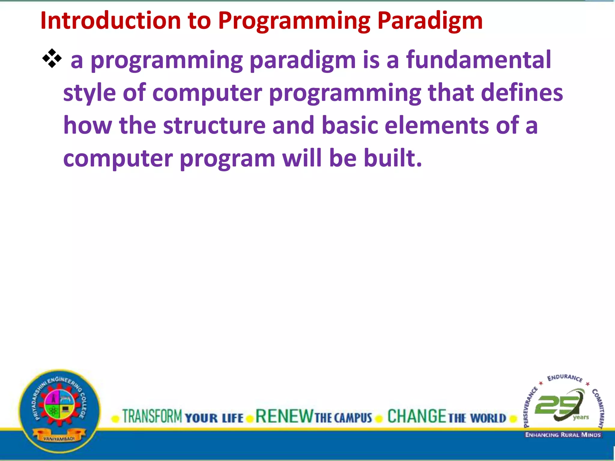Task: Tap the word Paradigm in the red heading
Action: [430, 21]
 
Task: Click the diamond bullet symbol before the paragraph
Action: [52, 58]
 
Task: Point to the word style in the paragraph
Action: [89, 93]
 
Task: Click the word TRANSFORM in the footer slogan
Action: [152, 417]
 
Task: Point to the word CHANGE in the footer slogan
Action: [417, 417]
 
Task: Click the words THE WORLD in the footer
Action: [477, 418]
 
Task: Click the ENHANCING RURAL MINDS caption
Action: [563, 435]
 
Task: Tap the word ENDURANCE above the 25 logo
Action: [565, 378]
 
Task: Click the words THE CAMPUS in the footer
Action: [343, 418]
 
